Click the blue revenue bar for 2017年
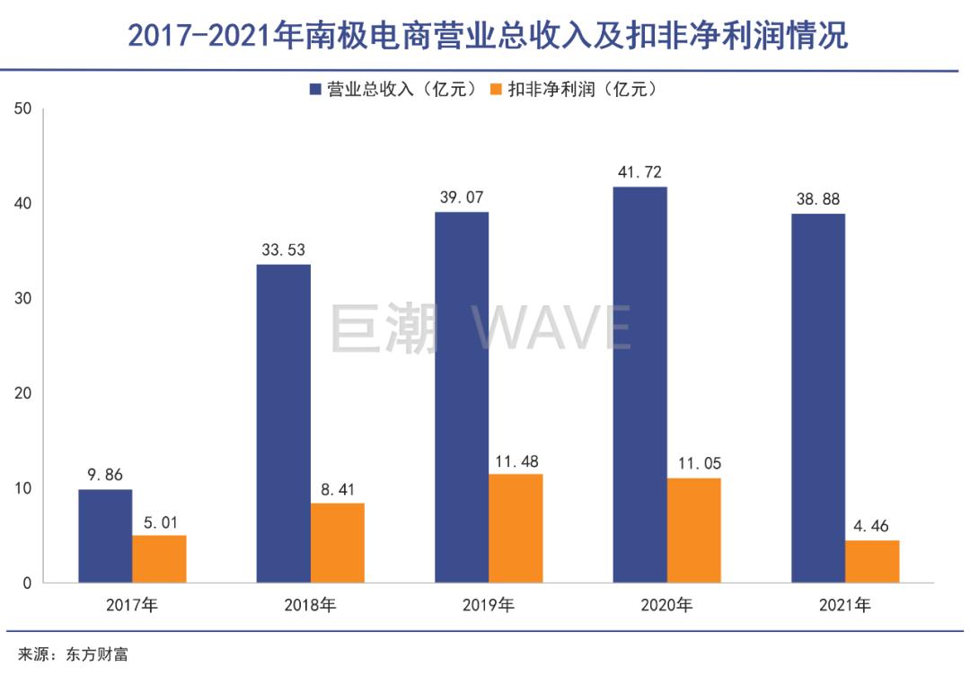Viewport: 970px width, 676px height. point(105,536)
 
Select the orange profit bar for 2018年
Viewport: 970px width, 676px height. point(337,543)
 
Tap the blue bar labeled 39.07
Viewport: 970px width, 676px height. point(462,398)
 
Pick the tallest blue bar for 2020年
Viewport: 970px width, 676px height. point(639,385)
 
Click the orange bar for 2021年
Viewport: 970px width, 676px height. point(871,562)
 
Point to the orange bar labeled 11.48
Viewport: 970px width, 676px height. point(516,529)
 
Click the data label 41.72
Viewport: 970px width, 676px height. point(639,171)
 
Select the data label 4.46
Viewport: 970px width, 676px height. point(871,525)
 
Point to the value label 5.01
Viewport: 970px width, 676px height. point(159,521)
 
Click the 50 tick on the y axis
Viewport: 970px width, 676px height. point(23,109)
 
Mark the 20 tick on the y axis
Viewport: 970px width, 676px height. point(23,393)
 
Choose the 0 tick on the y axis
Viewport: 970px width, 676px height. point(27,584)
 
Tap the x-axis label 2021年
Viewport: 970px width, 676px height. point(844,605)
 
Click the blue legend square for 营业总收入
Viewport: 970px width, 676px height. point(315,89)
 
